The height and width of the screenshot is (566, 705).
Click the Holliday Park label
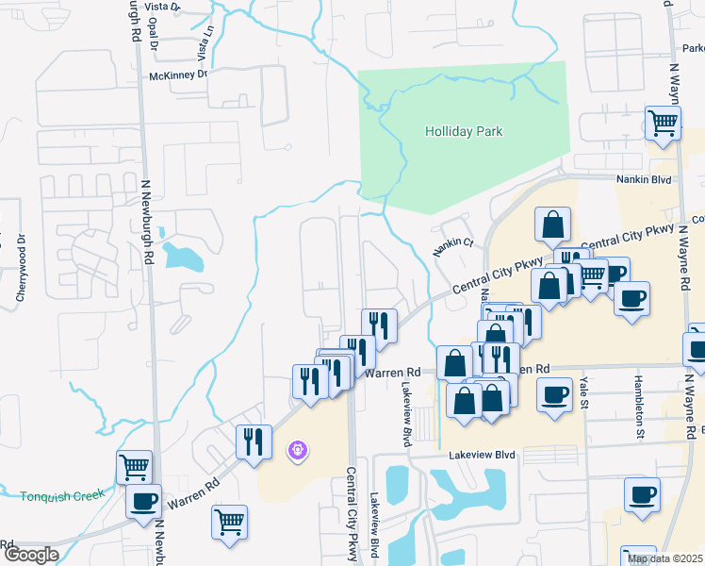tap(463, 131)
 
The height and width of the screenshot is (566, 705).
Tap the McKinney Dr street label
tap(177, 75)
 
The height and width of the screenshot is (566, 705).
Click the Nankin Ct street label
tap(451, 247)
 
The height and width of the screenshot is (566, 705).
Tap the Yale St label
tap(584, 386)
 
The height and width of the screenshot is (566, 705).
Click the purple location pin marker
tap(298, 452)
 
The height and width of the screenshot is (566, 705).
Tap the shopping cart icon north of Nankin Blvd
tap(664, 123)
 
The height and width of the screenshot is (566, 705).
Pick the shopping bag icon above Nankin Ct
tap(552, 225)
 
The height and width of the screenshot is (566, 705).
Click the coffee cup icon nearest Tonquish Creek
tap(143, 502)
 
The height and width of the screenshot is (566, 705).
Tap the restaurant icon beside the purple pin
tap(254, 441)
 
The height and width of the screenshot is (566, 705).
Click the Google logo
tap(31, 555)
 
